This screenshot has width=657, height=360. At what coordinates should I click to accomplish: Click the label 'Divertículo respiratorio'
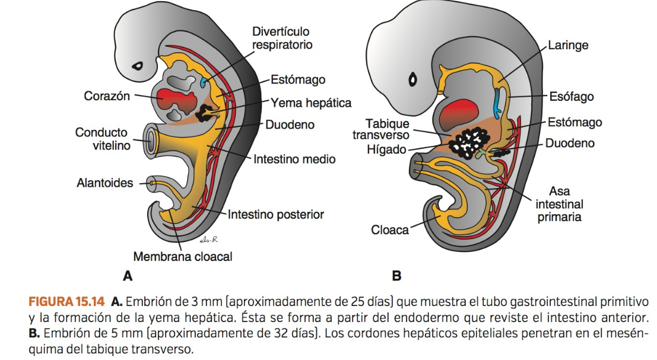pos(281,38)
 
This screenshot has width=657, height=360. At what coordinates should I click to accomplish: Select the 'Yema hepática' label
pos(311,103)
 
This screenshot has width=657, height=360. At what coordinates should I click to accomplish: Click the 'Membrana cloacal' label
pos(182,257)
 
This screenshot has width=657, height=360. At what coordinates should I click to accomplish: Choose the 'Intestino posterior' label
pos(276,214)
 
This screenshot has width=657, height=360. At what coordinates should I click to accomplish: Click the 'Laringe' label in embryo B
pos(568,46)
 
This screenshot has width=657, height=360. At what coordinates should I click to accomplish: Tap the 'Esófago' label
pos(570,96)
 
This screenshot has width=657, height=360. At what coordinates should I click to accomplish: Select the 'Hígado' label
pos(386,150)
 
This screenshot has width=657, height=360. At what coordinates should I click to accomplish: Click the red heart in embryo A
pos(176,101)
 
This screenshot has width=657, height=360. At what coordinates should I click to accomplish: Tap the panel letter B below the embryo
pos(396,276)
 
